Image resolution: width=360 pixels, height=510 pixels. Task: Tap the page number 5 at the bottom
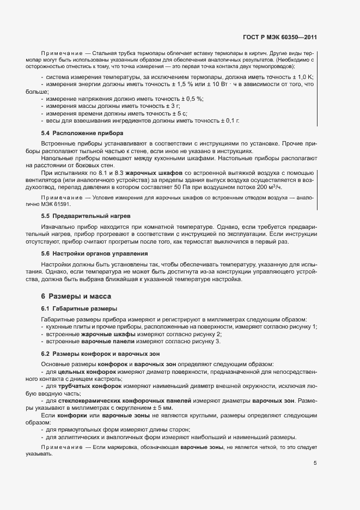point(315,464)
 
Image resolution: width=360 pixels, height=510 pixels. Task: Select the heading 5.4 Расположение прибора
point(82,133)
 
